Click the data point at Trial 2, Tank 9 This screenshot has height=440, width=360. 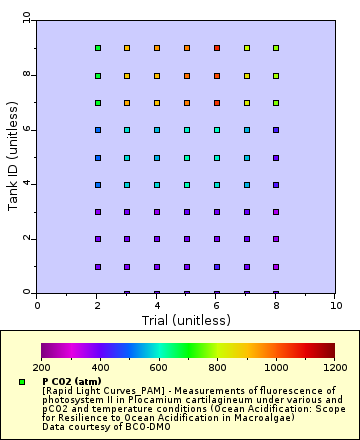97,47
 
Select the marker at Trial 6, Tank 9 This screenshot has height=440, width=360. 217,47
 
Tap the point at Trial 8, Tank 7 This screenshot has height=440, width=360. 276,102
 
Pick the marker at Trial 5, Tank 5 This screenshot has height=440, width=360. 187,157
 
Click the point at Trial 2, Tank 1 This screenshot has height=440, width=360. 97,266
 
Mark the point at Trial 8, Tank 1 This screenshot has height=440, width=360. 276,266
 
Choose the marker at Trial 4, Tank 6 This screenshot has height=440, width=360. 157,129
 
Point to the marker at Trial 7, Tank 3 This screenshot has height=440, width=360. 247,211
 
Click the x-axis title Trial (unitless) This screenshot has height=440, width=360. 187,319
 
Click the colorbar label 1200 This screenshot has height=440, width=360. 335,368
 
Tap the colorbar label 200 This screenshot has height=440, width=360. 42,368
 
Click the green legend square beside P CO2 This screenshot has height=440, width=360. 21,382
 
